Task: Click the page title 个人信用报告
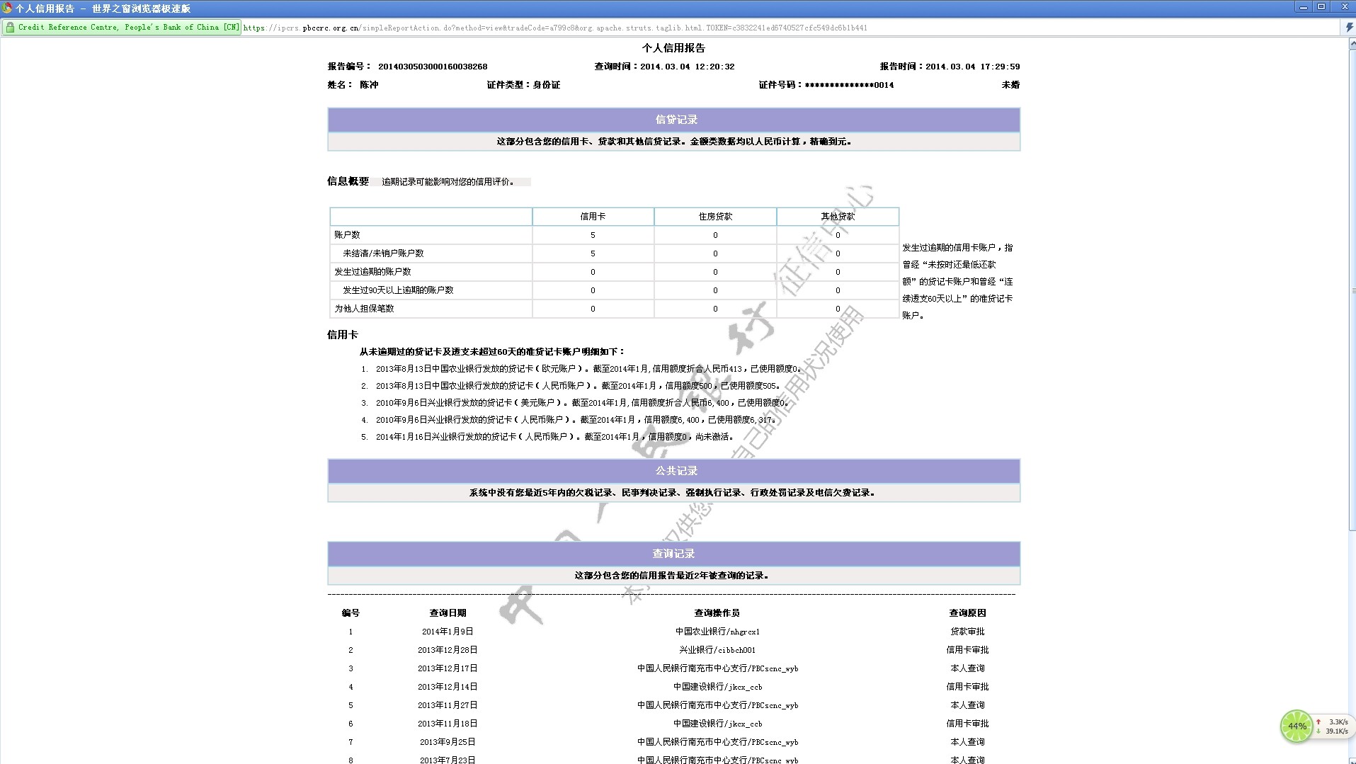click(x=673, y=48)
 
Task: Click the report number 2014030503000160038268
click(x=433, y=67)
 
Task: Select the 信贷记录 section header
click(x=676, y=120)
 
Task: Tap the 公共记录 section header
click(x=676, y=471)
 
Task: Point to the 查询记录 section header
click(x=673, y=554)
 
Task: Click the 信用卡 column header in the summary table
click(x=593, y=217)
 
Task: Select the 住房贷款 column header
click(x=715, y=217)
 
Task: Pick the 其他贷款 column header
click(x=838, y=217)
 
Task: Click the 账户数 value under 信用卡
click(x=593, y=235)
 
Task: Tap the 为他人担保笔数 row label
click(x=364, y=309)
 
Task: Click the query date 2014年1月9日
click(x=448, y=632)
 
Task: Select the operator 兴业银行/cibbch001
click(x=717, y=650)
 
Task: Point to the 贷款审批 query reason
click(x=967, y=632)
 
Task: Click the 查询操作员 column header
click(x=717, y=613)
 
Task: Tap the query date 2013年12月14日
click(x=448, y=687)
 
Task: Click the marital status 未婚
click(x=1010, y=85)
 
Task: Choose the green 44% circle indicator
click(x=1297, y=726)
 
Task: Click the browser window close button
click(x=1345, y=7)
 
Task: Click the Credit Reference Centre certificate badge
click(x=122, y=28)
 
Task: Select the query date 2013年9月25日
click(x=448, y=742)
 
